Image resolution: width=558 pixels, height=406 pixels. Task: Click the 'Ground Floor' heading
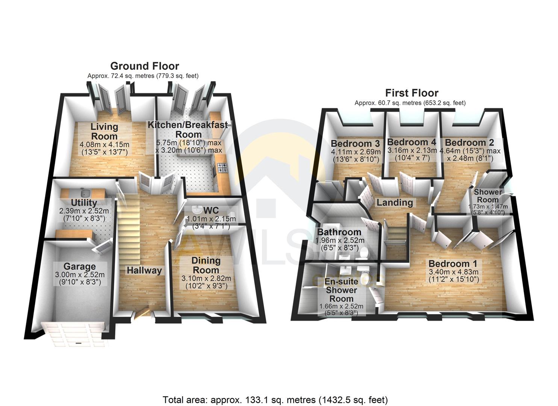coord(144,66)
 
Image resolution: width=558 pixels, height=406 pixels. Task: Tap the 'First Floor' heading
coord(411,93)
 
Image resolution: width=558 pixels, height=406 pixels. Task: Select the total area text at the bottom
coord(275,399)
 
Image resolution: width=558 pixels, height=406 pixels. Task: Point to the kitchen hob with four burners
coord(220,167)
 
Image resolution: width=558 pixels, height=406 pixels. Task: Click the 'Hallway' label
coord(144,270)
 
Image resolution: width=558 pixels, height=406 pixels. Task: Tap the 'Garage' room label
coord(79,267)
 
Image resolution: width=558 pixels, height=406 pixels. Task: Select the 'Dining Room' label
coord(206,265)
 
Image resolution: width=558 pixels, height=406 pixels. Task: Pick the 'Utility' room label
coord(84,203)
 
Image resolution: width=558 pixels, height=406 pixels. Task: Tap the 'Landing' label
coord(395,203)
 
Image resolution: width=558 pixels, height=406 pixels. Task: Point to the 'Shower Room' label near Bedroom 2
coord(487,196)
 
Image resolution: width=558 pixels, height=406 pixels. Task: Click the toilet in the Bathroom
coord(363,255)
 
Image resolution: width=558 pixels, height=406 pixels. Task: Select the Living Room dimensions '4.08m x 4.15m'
coord(104,144)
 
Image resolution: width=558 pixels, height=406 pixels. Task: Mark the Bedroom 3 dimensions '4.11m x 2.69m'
coord(355,151)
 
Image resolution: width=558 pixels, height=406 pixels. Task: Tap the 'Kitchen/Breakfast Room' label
coord(188,129)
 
